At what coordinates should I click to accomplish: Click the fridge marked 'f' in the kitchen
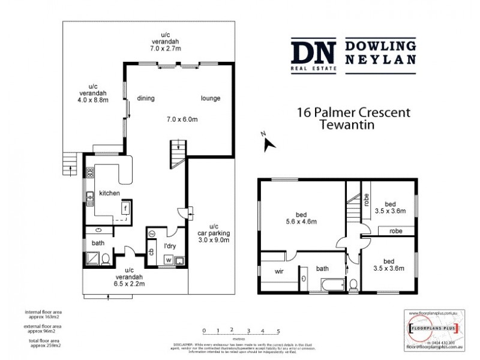tap(126, 209)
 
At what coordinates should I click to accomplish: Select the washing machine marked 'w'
tap(168, 259)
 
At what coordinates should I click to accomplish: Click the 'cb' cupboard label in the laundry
tap(152, 251)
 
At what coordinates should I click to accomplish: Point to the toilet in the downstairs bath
tap(106, 259)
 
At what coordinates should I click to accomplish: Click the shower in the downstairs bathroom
tap(92, 258)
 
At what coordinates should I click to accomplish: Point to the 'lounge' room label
tap(210, 98)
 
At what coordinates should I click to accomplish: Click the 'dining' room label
tap(146, 98)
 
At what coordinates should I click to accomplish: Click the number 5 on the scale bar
tap(278, 331)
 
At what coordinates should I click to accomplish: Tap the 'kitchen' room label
tap(110, 193)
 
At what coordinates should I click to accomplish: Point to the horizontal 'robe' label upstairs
tap(395, 230)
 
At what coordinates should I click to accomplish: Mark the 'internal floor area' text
tap(43, 313)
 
